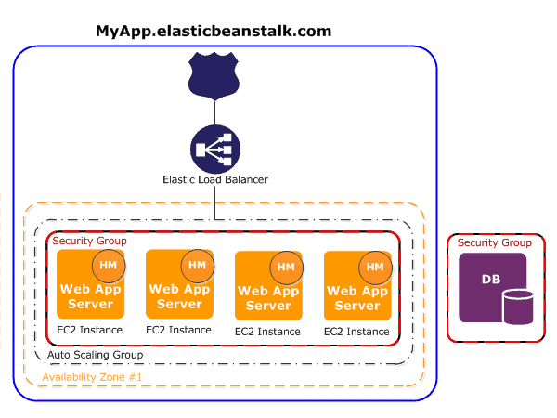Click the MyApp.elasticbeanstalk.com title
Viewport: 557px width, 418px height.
(x=214, y=32)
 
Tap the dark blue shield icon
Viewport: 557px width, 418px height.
(x=214, y=76)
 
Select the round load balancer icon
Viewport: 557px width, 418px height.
(x=215, y=150)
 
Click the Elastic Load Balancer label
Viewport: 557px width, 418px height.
(x=215, y=179)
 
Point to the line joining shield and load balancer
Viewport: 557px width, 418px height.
(x=215, y=112)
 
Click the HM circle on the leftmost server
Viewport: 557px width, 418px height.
(x=109, y=266)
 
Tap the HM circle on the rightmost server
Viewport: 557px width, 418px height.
(x=375, y=268)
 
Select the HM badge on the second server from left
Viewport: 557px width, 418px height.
(x=197, y=266)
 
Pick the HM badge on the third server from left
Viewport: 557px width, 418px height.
(x=286, y=268)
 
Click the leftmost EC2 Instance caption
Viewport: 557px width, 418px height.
(x=90, y=330)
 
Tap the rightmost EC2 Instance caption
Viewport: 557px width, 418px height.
(x=356, y=332)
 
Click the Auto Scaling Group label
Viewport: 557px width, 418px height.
(x=96, y=355)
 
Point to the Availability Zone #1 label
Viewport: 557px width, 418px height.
(x=92, y=377)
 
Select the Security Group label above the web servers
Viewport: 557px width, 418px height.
(x=89, y=241)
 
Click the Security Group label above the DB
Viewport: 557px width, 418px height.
(x=495, y=242)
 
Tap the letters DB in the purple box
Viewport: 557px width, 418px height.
(x=491, y=280)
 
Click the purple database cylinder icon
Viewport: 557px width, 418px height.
(x=518, y=307)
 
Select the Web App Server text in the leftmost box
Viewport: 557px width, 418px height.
(x=91, y=296)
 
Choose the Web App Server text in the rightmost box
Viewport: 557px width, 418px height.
(x=357, y=298)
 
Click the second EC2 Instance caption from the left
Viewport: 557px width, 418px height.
(x=178, y=330)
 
